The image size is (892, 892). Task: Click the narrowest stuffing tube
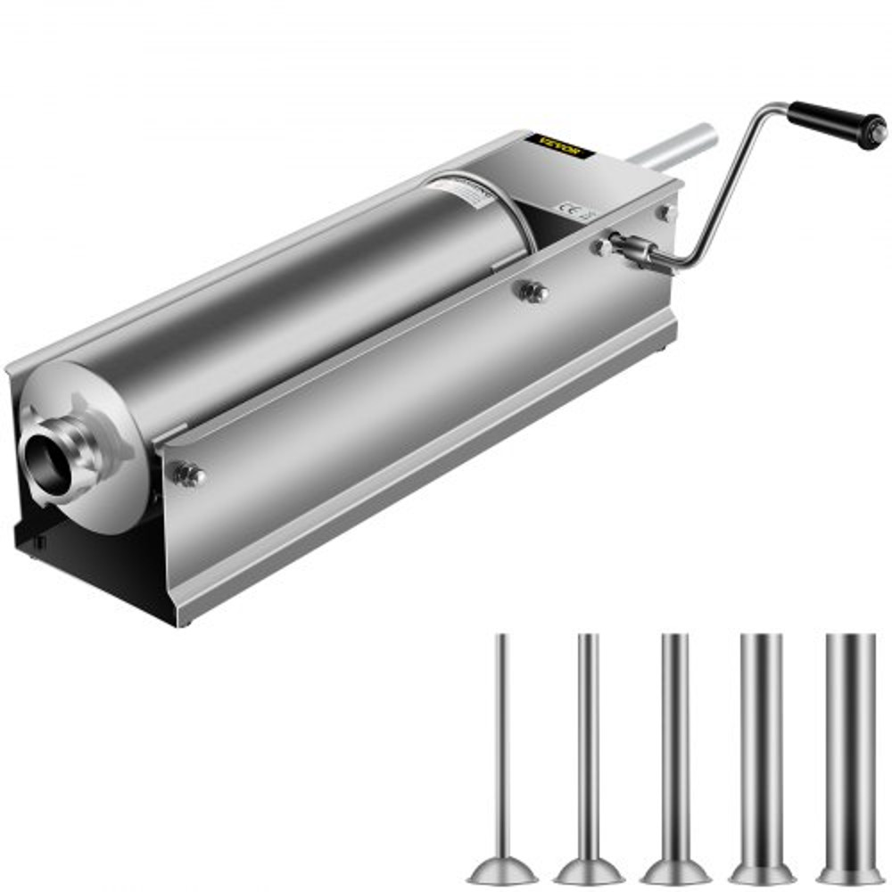tap(502, 740)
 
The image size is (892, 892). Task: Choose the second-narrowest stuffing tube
tap(586, 740)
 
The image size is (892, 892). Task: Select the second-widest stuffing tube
tap(761, 740)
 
